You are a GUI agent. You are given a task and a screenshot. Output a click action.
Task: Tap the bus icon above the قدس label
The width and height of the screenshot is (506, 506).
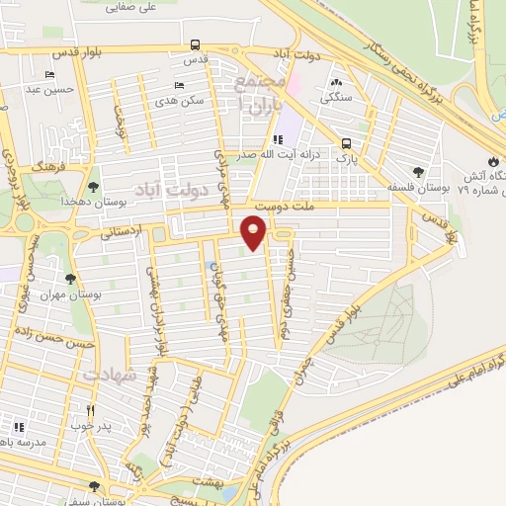[x=196, y=44]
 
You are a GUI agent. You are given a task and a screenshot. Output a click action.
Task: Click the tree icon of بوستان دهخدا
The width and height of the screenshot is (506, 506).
[x=94, y=186]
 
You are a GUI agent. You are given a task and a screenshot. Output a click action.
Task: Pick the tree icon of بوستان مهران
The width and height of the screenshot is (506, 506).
[x=69, y=279]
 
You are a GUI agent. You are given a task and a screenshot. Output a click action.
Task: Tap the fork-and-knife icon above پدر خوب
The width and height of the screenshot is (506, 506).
[x=90, y=410]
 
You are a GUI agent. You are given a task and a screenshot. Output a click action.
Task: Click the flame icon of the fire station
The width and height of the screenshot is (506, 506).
[x=493, y=162]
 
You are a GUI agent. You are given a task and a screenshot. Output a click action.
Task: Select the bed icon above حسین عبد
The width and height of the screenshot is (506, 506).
[x=49, y=75]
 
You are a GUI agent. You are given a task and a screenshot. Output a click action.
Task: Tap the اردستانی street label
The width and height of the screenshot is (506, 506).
[x=122, y=233]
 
